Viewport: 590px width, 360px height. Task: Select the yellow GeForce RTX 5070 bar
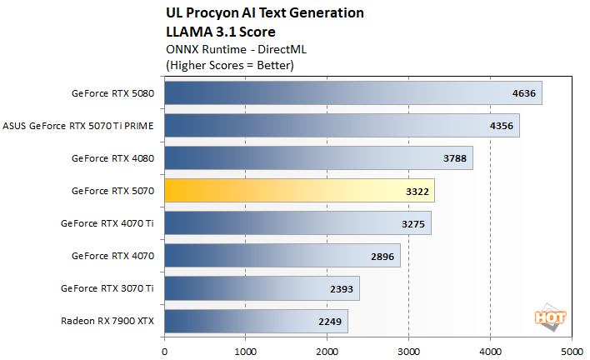click(x=299, y=191)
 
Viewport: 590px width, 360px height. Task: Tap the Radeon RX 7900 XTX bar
click(x=256, y=321)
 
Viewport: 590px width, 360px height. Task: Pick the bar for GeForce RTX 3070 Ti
click(x=262, y=288)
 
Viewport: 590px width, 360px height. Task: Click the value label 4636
click(x=524, y=93)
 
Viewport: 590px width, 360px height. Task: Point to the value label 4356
click(x=502, y=126)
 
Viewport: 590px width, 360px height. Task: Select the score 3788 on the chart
click(x=455, y=158)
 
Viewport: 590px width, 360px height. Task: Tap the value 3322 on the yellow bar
click(x=417, y=191)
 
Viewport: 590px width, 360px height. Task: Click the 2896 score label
click(x=382, y=256)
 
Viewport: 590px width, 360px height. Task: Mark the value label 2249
click(x=330, y=321)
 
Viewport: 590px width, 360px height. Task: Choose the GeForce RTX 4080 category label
click(x=112, y=157)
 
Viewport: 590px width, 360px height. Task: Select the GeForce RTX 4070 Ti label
click(x=107, y=222)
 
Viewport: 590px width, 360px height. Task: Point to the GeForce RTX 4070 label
click(x=112, y=255)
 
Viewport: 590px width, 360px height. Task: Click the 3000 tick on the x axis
click(x=409, y=351)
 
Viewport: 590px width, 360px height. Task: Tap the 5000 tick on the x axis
click(x=572, y=351)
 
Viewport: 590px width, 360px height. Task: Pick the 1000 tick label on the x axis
click(x=246, y=351)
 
